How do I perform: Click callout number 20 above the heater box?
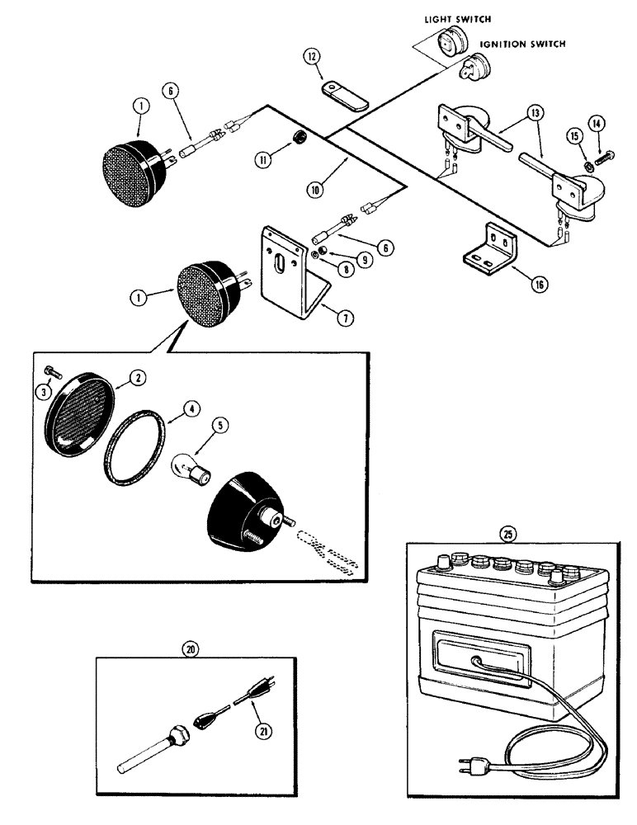pos(192,648)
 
